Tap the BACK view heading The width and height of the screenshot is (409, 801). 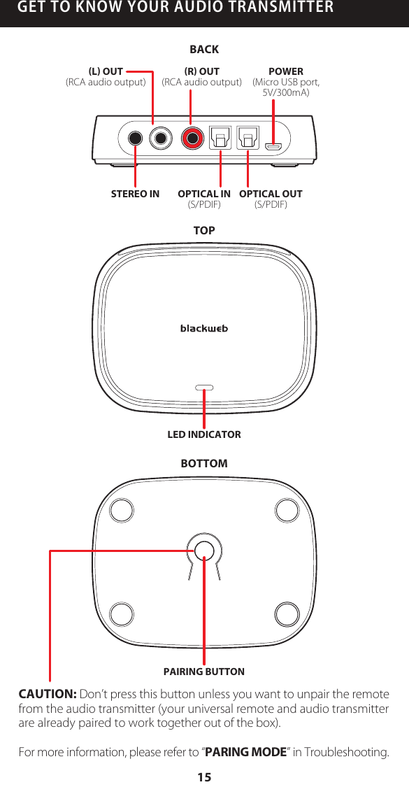tap(204, 49)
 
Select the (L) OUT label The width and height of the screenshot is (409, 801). tap(106, 71)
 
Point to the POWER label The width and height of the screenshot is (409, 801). tap(286, 71)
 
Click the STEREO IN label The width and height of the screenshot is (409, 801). tap(135, 194)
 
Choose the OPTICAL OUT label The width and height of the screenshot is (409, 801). tap(271, 194)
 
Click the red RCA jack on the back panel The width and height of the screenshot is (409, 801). tap(192, 137)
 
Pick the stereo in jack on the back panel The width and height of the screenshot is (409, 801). tap(135, 137)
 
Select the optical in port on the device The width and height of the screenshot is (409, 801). tap(220, 136)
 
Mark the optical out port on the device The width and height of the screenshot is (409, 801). tap(248, 136)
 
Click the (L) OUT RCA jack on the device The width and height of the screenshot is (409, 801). tap(162, 137)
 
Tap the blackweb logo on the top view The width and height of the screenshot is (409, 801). tap(204, 328)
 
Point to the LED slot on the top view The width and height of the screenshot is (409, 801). tap(204, 387)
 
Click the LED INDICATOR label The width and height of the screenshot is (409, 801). tap(204, 434)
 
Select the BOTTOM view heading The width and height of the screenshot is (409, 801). tap(204, 464)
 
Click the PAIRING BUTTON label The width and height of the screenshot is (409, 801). tap(204, 672)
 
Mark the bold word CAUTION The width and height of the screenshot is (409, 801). tap(48, 694)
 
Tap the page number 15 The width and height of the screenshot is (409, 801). tap(204, 777)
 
